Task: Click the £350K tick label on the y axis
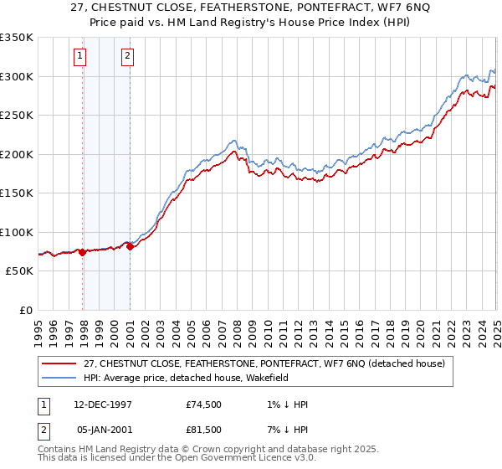(x=16, y=38)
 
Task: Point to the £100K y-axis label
(x=16, y=232)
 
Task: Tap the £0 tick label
(x=25, y=310)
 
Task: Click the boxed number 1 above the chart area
(x=79, y=57)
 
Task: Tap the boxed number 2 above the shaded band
(x=127, y=57)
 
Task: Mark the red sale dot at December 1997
(x=83, y=252)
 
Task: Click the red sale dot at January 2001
(x=131, y=247)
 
